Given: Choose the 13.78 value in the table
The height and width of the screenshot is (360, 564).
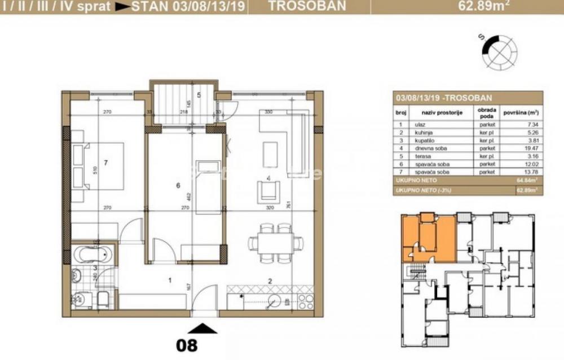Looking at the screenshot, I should tap(515, 170).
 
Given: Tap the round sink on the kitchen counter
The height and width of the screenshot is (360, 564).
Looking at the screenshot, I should tap(276, 300).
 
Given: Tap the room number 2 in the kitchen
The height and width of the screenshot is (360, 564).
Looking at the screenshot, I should tap(270, 280).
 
